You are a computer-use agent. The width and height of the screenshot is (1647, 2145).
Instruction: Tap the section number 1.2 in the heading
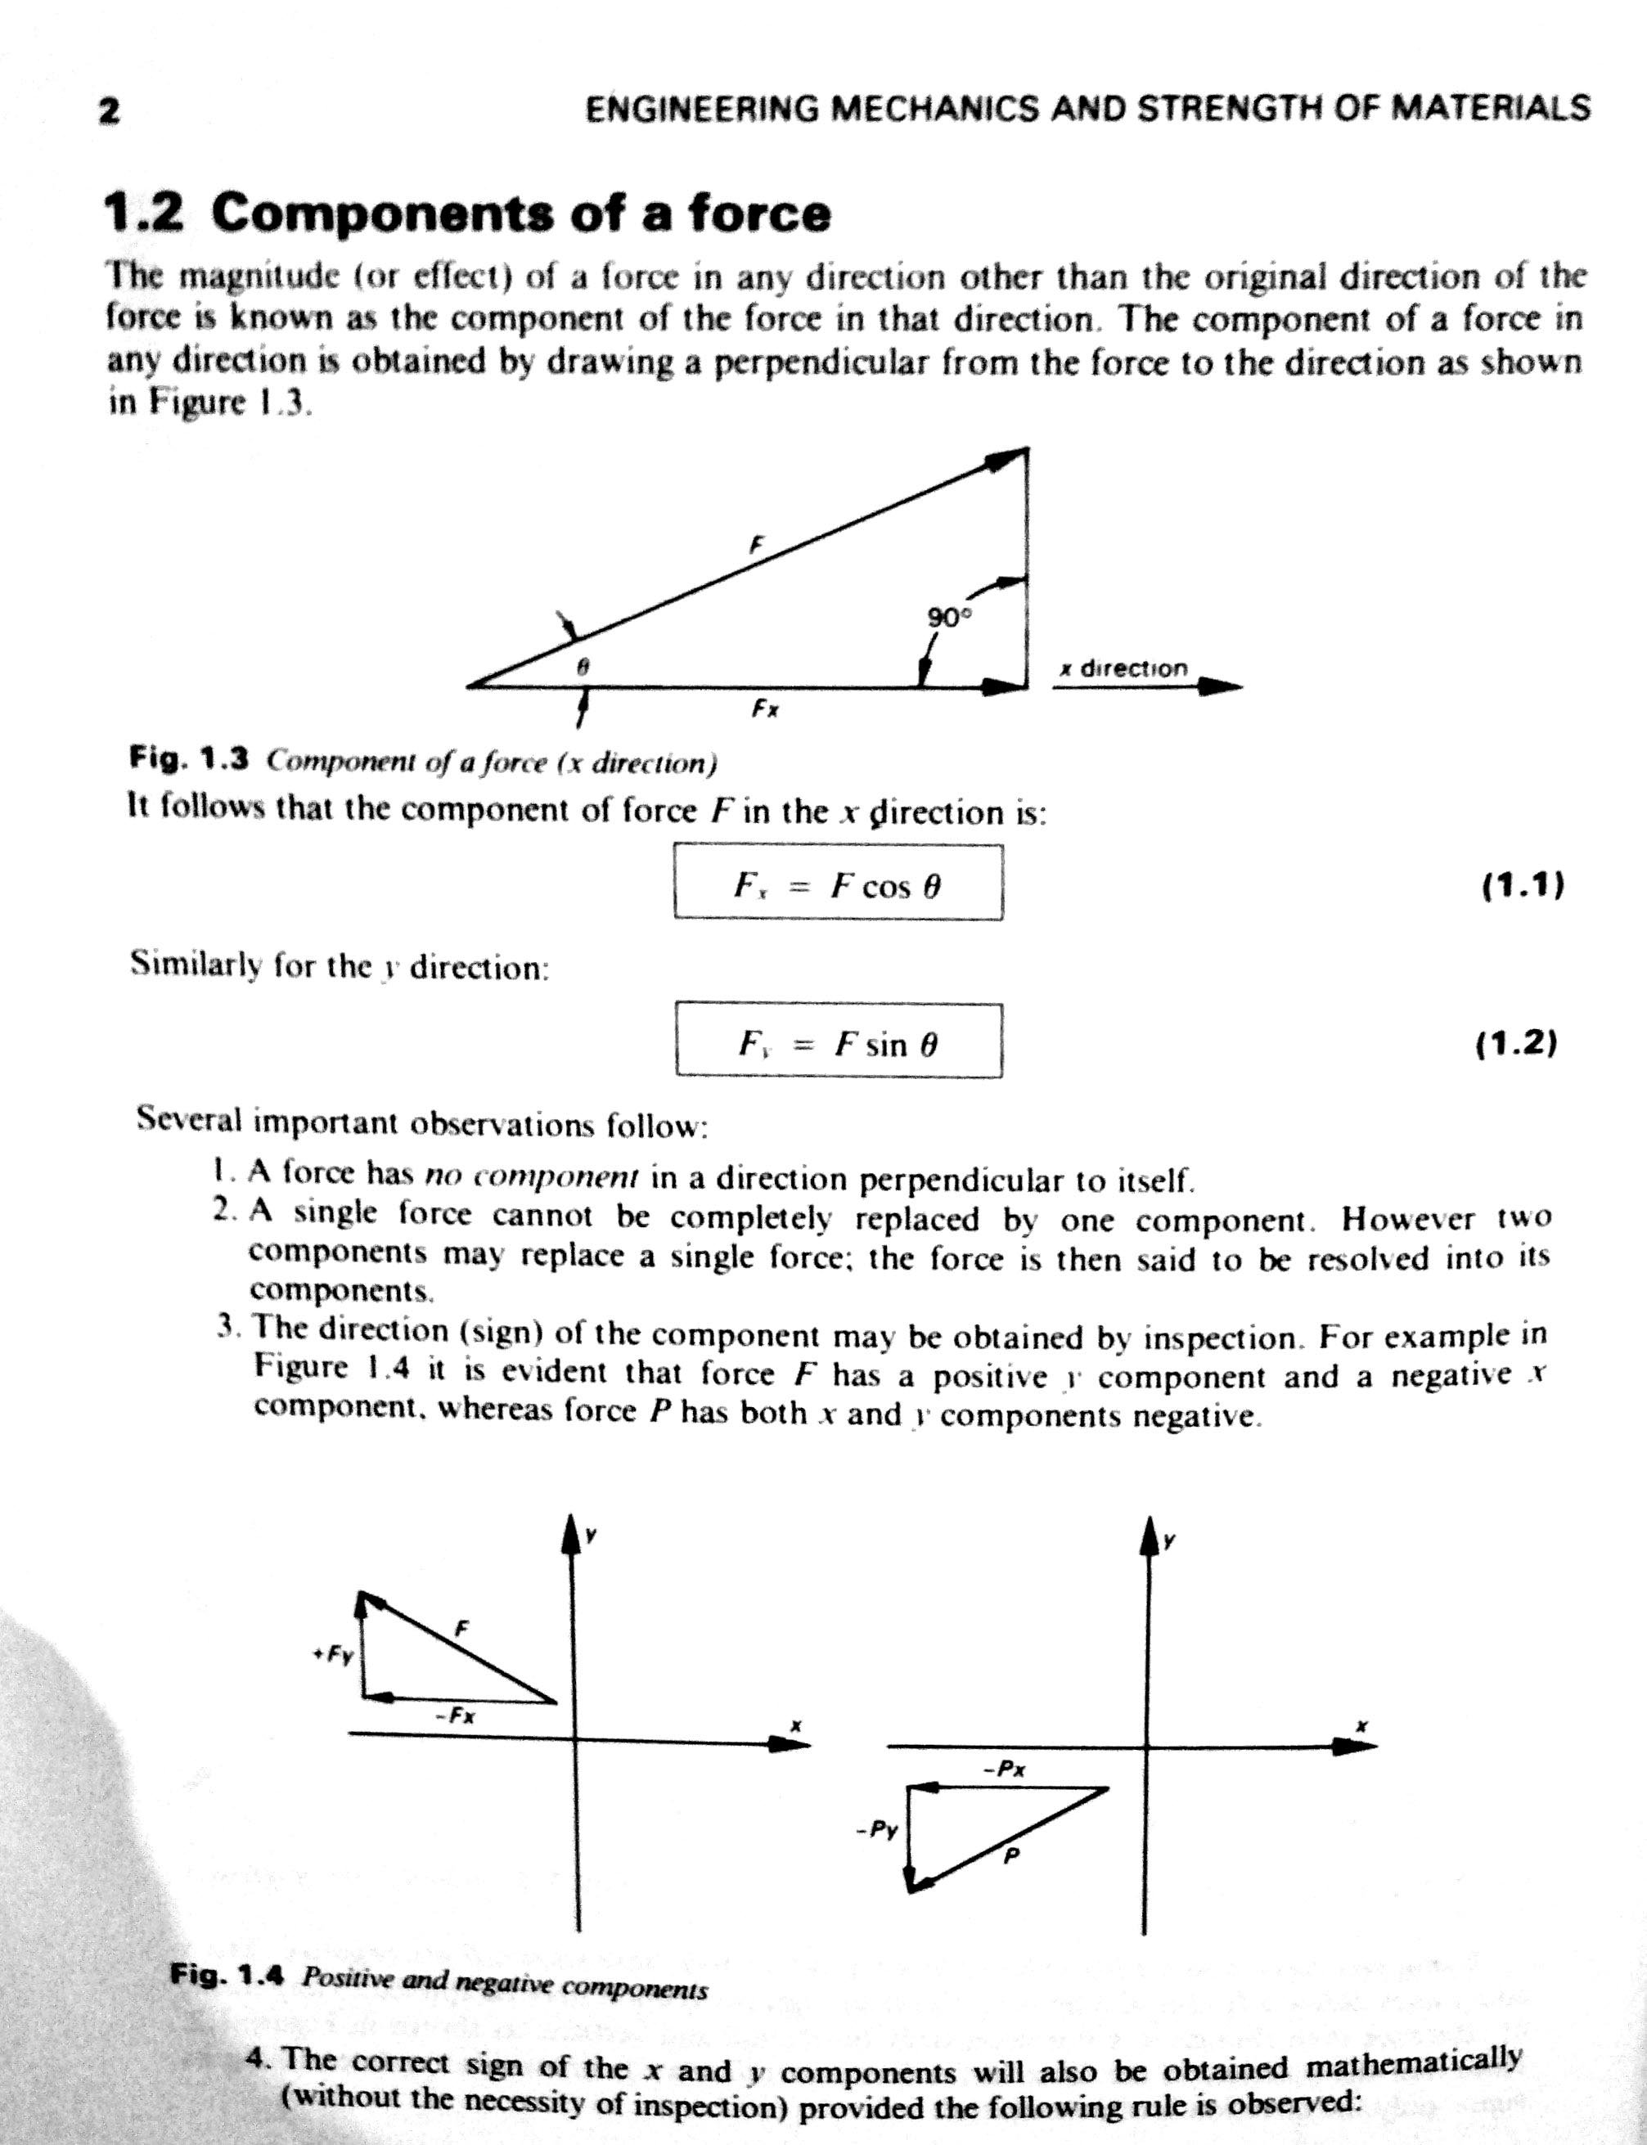click(x=143, y=213)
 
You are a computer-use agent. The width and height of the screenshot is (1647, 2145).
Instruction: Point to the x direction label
click(x=1123, y=668)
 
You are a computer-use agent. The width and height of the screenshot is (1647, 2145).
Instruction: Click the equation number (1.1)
click(x=1523, y=885)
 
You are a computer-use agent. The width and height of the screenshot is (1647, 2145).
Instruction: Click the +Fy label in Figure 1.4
click(x=333, y=1655)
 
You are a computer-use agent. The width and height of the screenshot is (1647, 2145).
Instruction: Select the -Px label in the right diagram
click(x=1005, y=1770)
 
